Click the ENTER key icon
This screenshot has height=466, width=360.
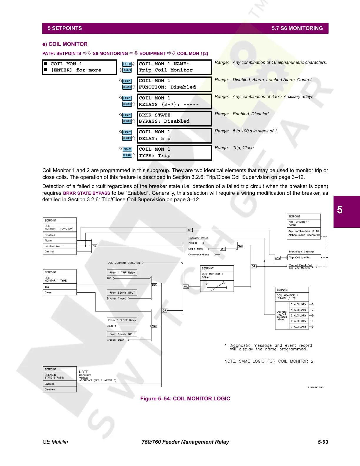point(127,64)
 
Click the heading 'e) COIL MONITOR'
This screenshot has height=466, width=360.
point(65,44)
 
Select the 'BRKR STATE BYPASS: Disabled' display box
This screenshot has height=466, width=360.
point(174,118)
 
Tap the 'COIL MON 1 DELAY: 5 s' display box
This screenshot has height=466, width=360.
point(174,135)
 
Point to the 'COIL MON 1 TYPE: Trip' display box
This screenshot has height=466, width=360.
point(174,152)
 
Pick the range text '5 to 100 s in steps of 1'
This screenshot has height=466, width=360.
point(255,131)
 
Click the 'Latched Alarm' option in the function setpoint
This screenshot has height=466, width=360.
point(54,246)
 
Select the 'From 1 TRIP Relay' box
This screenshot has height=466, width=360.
point(122,272)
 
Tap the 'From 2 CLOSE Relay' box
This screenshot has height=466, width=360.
point(122,320)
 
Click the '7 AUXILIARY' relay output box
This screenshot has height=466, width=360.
point(299,327)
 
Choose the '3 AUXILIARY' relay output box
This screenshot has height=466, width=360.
point(299,304)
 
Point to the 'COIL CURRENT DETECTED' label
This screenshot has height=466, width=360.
point(124,263)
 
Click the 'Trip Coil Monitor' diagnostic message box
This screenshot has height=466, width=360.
point(304,257)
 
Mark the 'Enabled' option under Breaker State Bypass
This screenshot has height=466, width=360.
point(50,384)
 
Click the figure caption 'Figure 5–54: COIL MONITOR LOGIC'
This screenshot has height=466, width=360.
point(185,399)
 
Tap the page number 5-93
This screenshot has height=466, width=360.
point(323,442)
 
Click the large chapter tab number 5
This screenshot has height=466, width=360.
point(340,210)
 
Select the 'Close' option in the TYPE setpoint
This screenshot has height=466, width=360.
point(48,292)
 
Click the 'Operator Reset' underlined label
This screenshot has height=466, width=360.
point(198,238)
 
